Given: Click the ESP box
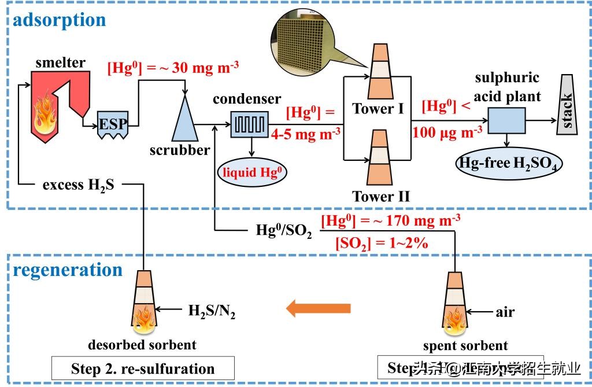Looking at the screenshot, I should tap(112, 123).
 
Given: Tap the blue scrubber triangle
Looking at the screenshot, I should tap(184, 118).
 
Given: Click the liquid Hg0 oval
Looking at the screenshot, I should tap(251, 172).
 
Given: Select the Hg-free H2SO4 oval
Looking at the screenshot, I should tap(509, 164).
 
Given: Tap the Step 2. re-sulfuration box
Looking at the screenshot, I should tap(142, 368).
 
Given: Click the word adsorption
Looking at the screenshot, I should tap(59, 20).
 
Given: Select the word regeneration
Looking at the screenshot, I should tap(68, 270).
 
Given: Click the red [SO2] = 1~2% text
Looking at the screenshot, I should tap(382, 244).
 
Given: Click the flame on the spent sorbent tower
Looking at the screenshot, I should tap(455, 320).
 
